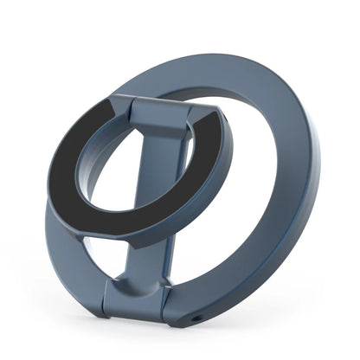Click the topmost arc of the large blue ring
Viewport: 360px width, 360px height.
coord(216,69)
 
